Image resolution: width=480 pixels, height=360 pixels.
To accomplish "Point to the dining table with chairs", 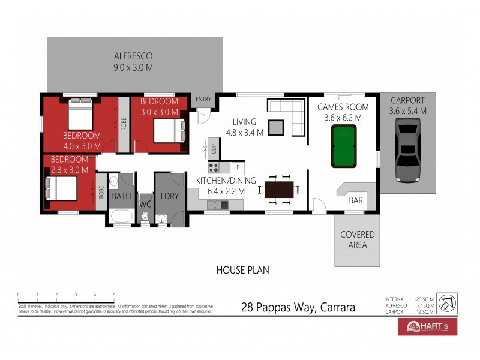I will (280, 190).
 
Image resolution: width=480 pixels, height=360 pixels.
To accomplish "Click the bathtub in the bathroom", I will (121, 217).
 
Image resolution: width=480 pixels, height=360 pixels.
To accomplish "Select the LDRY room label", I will (170, 196).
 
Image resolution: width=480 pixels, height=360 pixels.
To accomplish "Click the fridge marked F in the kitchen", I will (238, 167).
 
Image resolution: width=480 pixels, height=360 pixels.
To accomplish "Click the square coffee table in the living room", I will (275, 127).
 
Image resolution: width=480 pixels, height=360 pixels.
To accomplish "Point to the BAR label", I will (356, 200).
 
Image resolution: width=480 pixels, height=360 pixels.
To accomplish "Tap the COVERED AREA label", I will (357, 239).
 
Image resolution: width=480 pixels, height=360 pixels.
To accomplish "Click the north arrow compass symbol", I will (447, 302).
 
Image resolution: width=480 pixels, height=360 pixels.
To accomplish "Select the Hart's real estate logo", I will (428, 326).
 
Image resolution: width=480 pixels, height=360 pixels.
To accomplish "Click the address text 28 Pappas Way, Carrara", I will (298, 308).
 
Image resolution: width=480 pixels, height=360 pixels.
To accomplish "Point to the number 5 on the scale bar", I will (114, 295).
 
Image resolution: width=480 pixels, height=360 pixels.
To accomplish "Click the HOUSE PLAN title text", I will (242, 270).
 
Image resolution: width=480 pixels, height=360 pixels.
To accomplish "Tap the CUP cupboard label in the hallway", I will (213, 146).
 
